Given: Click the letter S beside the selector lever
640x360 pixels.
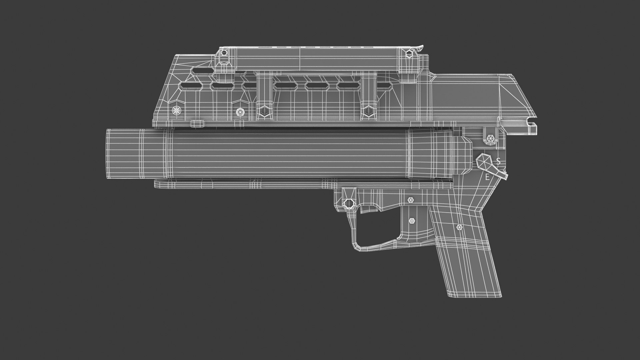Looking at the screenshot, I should pos(498,161).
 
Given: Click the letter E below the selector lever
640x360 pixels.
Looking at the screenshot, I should pos(487,177).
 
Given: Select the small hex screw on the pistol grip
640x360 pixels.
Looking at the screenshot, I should pos(460,227).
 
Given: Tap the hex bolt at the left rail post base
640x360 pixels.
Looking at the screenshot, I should pos(264,111).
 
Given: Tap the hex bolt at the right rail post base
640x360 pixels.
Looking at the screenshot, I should pos(368,111).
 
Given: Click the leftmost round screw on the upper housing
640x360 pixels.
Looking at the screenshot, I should pos(175,110).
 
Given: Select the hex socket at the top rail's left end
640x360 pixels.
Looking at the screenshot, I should pos(224,53).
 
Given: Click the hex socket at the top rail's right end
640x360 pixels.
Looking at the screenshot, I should pos(409,53).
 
